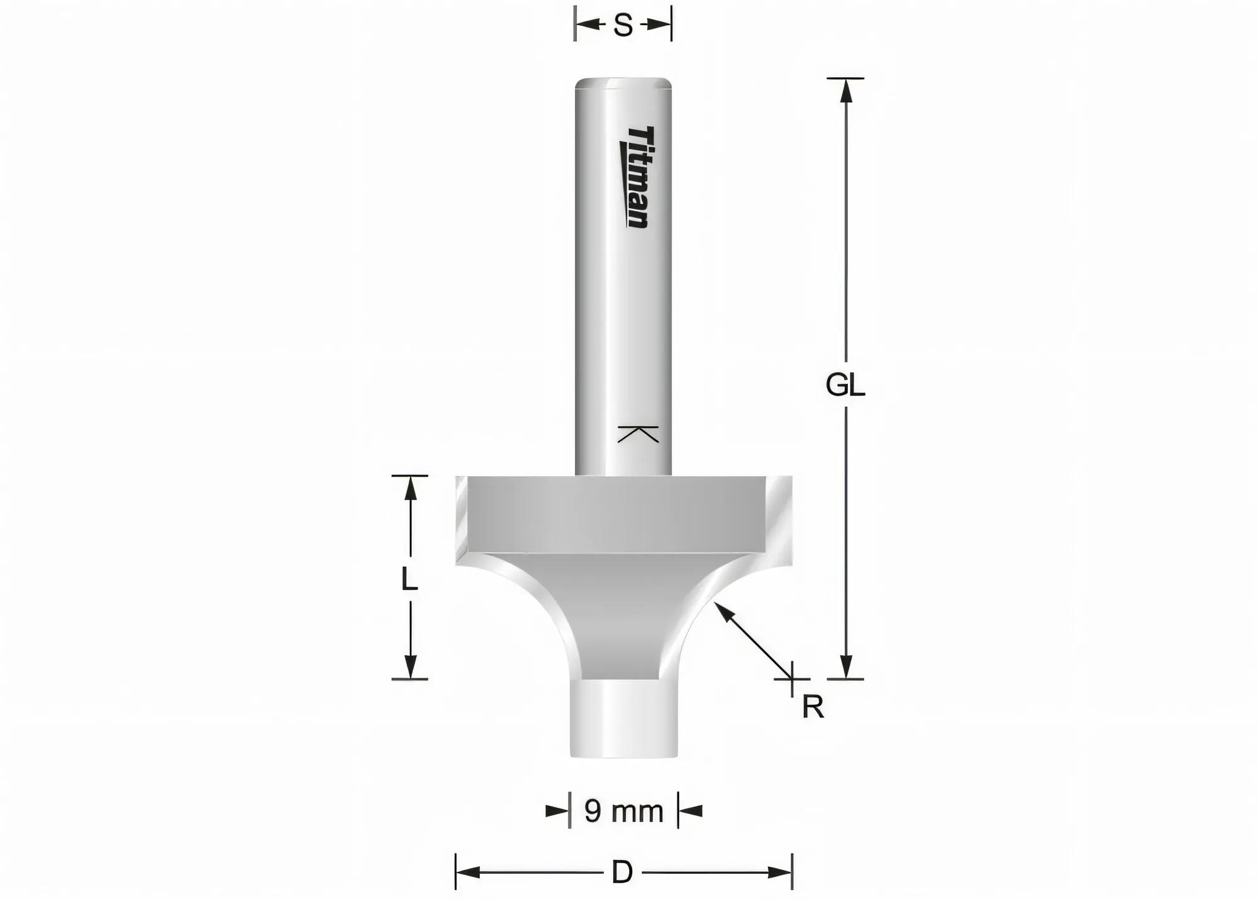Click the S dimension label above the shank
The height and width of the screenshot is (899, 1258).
(x=623, y=26)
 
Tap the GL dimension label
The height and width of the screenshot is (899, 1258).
(x=845, y=385)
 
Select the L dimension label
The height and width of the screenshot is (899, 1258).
(x=409, y=579)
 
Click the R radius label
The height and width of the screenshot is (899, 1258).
(x=813, y=708)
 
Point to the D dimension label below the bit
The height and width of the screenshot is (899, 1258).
(x=622, y=873)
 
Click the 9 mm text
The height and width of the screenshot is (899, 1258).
(x=623, y=812)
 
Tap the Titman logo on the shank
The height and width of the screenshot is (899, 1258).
(x=637, y=177)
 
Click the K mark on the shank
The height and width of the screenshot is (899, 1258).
(x=638, y=434)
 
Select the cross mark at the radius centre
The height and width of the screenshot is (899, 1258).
(x=791, y=679)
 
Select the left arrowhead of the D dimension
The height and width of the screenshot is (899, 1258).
(x=467, y=873)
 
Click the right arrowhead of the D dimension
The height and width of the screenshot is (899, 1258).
(x=780, y=873)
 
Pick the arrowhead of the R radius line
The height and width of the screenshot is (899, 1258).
(x=723, y=610)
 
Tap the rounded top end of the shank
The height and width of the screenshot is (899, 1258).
(x=623, y=83)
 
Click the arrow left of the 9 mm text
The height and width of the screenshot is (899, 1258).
(x=557, y=811)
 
